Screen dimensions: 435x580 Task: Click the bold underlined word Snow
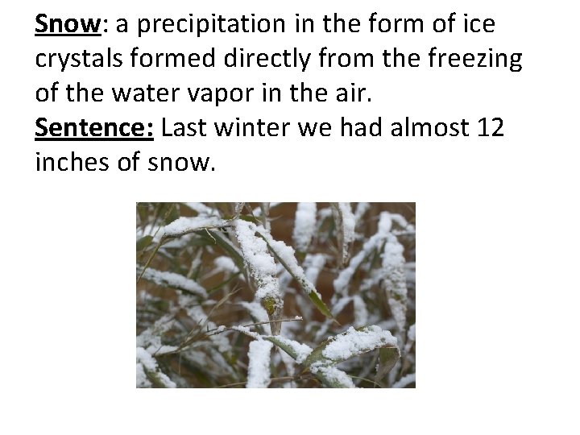tap(66, 26)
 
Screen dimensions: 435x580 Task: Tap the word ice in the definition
tap(478, 26)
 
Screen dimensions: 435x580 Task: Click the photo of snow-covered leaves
tap(275, 295)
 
